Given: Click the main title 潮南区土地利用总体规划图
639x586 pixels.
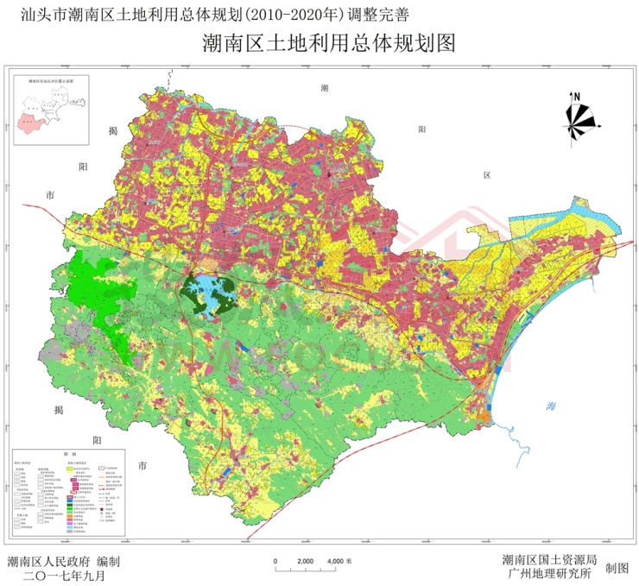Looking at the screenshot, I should (319, 43).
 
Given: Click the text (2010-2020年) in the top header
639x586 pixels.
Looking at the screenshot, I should (285, 13).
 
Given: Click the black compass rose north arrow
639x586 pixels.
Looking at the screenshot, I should (578, 119).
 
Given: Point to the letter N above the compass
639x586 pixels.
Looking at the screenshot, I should (578, 97).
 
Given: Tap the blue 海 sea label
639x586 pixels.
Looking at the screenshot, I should (550, 406).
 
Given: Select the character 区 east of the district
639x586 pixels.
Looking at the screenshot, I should (486, 174).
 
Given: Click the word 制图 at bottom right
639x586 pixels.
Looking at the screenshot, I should (617, 568).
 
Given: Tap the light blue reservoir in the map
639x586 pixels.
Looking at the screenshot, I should (214, 291).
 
